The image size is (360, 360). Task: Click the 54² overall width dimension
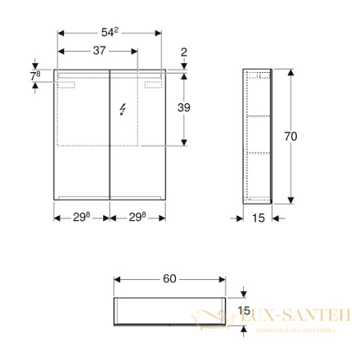coord(110,31)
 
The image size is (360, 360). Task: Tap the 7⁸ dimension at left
coord(35,75)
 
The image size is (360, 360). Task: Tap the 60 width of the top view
coord(170,278)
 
